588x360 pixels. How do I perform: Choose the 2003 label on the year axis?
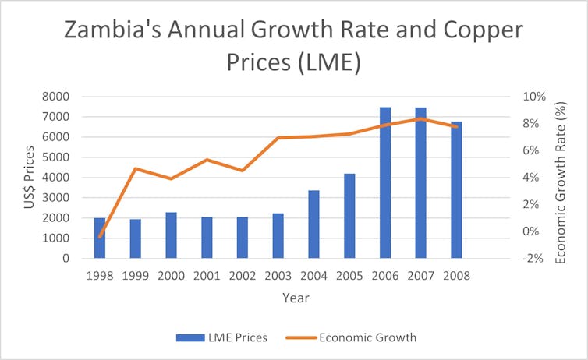click(278, 275)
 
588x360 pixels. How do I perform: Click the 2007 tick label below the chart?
click(421, 275)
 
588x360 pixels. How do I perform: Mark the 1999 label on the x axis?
click(136, 275)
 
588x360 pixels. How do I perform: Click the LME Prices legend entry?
click(222, 337)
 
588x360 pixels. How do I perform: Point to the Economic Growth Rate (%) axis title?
click(560, 178)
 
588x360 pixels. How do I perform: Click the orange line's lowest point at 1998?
click(100, 236)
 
